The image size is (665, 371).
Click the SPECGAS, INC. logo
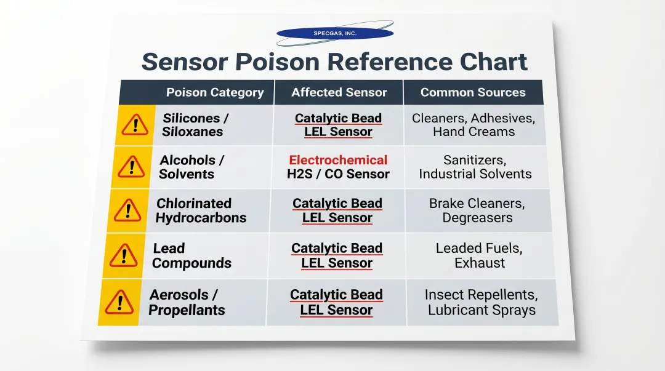click(x=334, y=33)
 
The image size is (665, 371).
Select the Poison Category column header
click(x=215, y=92)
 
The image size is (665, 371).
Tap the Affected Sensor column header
click(x=339, y=92)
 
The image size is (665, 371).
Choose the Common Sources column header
click(x=473, y=92)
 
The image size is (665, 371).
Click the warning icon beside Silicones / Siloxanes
click(x=134, y=125)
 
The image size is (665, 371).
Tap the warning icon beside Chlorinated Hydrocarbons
click(x=128, y=211)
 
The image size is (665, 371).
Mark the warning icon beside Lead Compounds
click(x=124, y=255)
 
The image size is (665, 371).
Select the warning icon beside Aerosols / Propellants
click(x=119, y=302)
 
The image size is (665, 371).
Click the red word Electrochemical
click(x=338, y=160)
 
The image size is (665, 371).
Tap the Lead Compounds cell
click(x=191, y=255)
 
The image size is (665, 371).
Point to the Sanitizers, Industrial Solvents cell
click(x=475, y=167)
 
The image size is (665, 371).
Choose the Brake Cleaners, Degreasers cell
click(x=477, y=210)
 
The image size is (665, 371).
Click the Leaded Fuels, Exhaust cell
click(x=479, y=255)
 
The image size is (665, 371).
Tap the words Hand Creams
click(x=474, y=132)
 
